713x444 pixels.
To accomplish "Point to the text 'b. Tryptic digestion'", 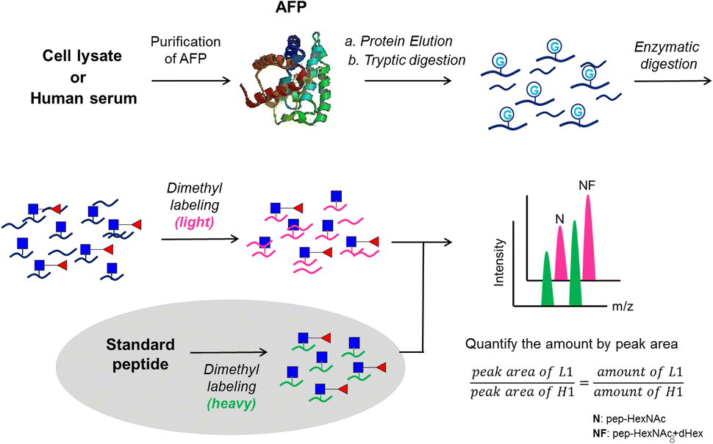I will [x=408, y=60].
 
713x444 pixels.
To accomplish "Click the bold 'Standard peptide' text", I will [x=140, y=354].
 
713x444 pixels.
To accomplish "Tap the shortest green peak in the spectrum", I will [x=547, y=279].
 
